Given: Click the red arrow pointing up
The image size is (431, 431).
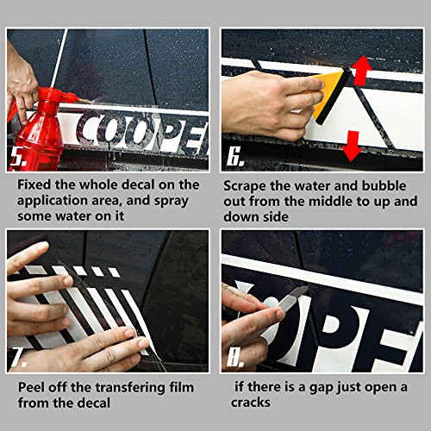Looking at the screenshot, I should (x=360, y=69).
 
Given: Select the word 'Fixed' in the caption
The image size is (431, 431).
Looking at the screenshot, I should (x=39, y=185).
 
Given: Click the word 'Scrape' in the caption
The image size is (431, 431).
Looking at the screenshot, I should (x=247, y=185).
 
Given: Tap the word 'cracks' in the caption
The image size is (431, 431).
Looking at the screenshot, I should (x=256, y=401).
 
